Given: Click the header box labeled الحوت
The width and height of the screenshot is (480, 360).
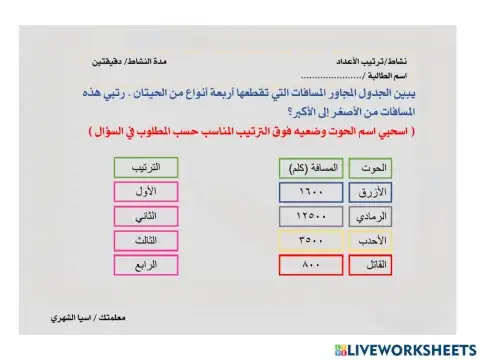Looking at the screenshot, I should [376, 168].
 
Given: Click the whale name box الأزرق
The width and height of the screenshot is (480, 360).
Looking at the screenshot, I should [376, 192].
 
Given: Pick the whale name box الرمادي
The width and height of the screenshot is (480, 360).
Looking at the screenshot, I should [376, 216].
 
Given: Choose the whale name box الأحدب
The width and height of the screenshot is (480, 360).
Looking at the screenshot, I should [376, 240].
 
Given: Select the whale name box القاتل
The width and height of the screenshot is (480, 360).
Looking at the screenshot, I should [376, 265].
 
